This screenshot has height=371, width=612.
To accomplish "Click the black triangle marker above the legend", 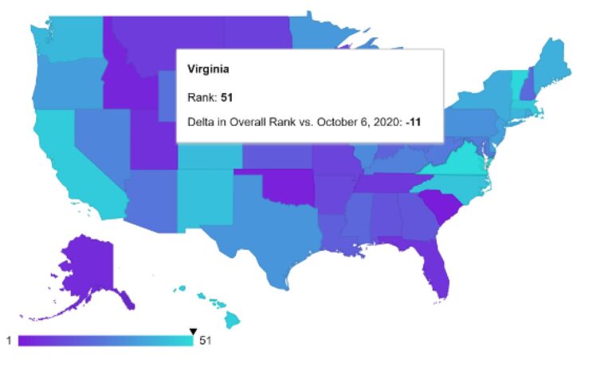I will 192,331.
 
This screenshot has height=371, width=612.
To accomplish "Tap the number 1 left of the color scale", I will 9,341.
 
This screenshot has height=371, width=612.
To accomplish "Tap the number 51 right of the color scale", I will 206,341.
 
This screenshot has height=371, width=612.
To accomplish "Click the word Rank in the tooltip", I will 197,97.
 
